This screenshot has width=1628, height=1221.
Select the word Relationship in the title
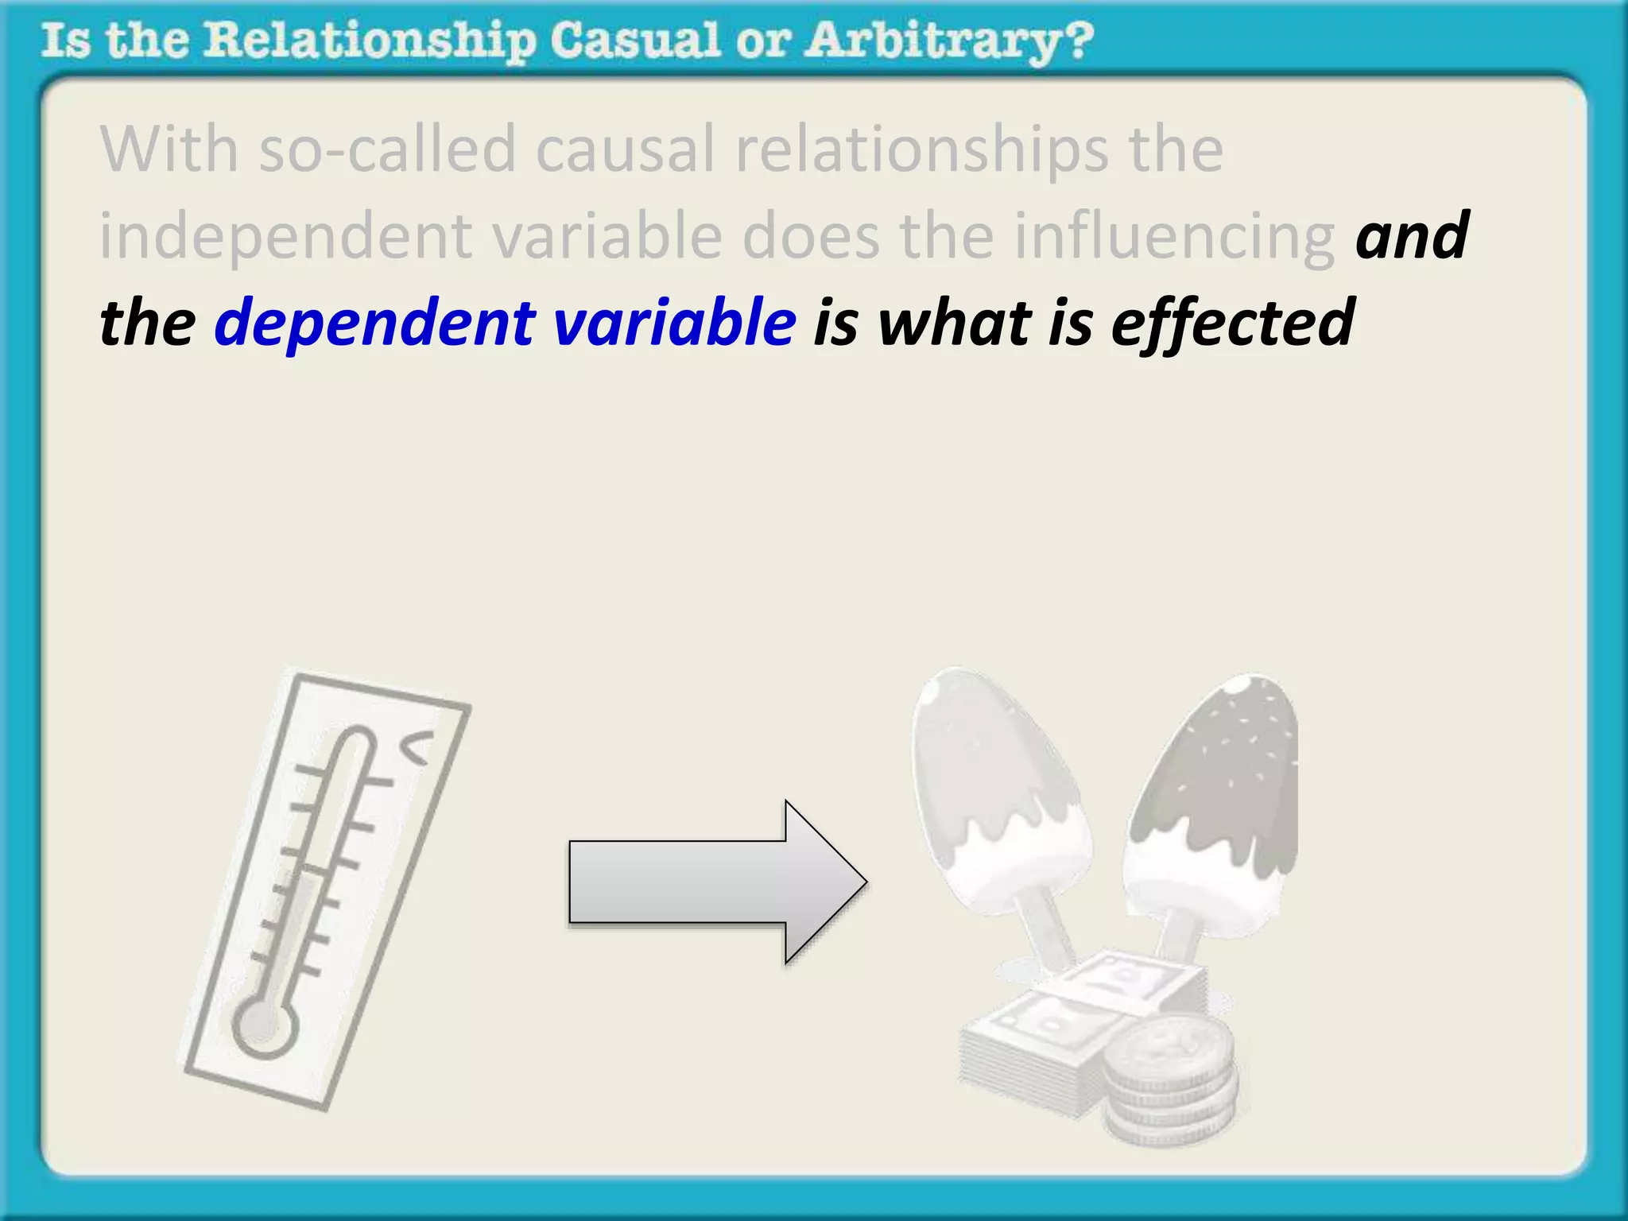pyautogui.click(x=369, y=41)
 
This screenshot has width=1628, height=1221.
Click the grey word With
pyautogui.click(x=169, y=149)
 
